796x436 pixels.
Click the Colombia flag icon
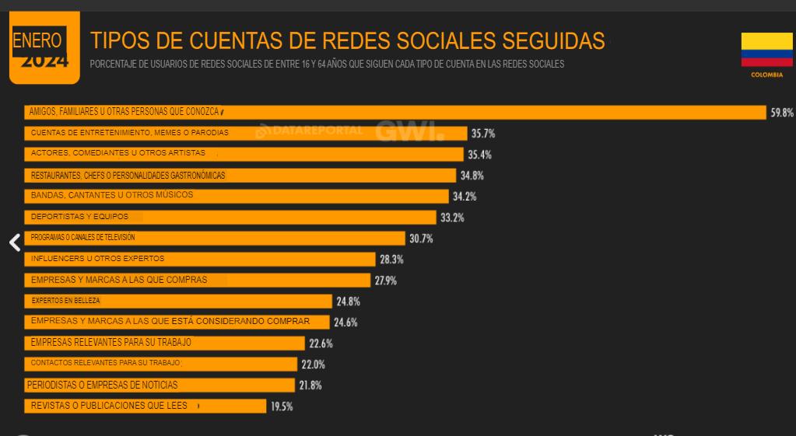click(x=766, y=50)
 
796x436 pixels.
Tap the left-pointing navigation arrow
click(x=15, y=242)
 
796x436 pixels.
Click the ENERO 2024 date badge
click(x=44, y=48)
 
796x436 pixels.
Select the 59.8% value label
click(x=781, y=113)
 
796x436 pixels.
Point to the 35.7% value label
click(x=482, y=134)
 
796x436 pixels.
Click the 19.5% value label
click(x=282, y=406)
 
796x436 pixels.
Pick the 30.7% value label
click(x=421, y=239)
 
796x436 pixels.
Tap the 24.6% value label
click(x=346, y=322)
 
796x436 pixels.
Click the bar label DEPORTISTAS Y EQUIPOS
click(x=79, y=217)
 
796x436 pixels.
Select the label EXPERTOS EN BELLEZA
click(x=65, y=301)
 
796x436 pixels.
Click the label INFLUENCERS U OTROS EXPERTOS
click(x=97, y=259)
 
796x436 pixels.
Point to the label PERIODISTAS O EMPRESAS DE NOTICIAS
click(x=102, y=385)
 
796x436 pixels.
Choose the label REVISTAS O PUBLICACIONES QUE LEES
click(x=109, y=406)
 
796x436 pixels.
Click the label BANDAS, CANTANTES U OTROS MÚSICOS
click(x=111, y=195)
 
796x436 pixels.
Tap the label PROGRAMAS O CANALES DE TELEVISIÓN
click(x=82, y=238)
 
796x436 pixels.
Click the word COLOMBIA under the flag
click(x=766, y=75)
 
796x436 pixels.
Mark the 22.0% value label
click(x=313, y=364)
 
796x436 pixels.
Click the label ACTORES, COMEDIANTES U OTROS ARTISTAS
click(x=117, y=153)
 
